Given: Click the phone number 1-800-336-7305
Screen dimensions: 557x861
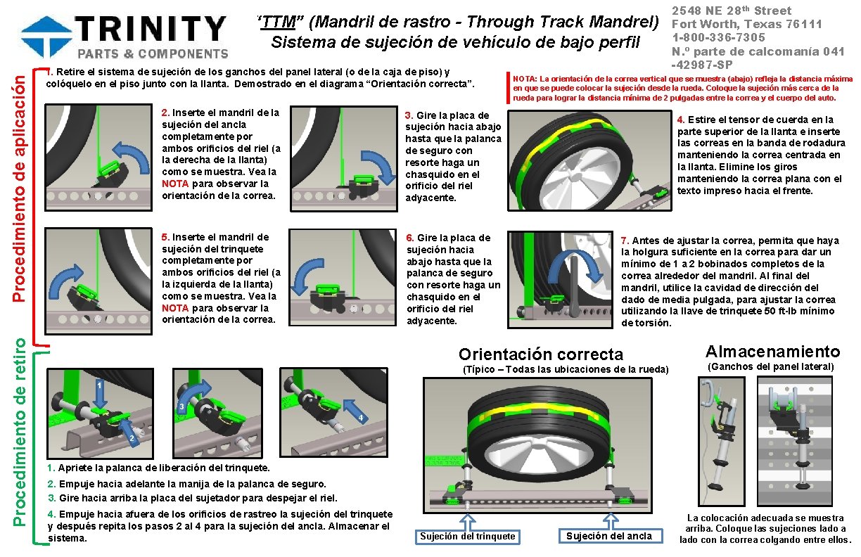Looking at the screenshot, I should click(718, 37).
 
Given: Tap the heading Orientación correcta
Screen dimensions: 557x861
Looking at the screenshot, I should click(540, 354).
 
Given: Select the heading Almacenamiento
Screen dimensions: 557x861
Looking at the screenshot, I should click(772, 352).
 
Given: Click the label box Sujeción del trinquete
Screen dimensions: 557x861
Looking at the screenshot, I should click(467, 537).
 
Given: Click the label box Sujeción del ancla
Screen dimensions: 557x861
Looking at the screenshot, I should click(609, 537).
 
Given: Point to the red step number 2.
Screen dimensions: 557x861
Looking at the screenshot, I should click(165, 113).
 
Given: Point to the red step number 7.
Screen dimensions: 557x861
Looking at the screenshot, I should click(624, 241).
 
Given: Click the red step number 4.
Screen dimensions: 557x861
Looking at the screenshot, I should click(680, 120).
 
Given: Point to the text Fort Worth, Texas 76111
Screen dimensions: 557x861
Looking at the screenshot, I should click(747, 24).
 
